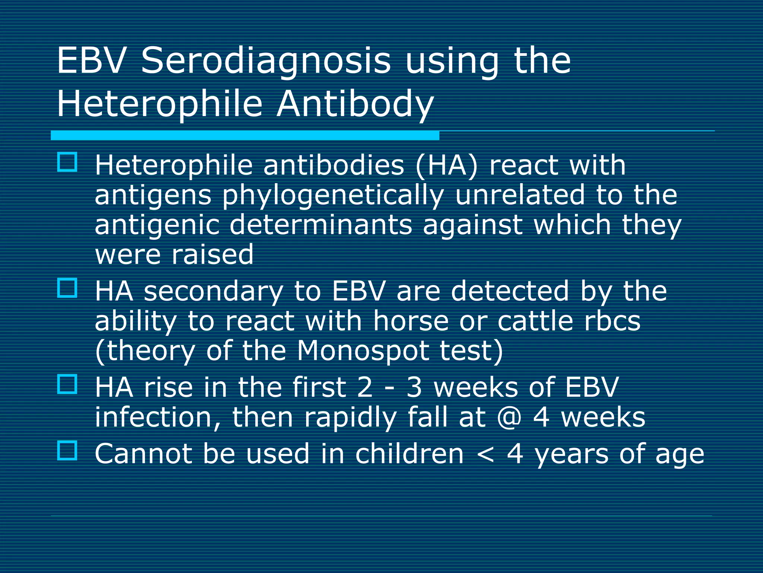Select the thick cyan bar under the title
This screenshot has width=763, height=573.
click(245, 135)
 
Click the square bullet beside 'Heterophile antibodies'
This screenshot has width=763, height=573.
click(67, 162)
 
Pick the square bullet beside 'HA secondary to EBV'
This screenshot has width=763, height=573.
click(67, 288)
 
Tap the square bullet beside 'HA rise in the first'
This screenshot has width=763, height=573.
click(67, 384)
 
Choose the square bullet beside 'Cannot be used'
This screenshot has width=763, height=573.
click(67, 451)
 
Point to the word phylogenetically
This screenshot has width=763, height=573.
click(333, 195)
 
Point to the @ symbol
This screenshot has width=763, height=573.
click(509, 417)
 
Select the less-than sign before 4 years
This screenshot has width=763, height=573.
click(485, 454)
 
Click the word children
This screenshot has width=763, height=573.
click(409, 454)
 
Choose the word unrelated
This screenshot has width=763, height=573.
click(520, 195)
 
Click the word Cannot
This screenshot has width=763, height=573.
click(143, 454)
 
